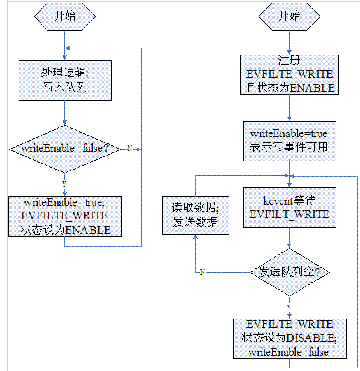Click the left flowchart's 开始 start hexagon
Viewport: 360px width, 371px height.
click(x=64, y=17)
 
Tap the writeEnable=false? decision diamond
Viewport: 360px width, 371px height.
click(x=64, y=149)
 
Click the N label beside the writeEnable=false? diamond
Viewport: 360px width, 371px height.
click(x=129, y=149)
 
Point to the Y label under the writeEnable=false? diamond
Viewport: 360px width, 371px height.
click(x=64, y=184)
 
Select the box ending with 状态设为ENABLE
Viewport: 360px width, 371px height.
click(x=64, y=216)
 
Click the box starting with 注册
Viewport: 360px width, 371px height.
click(x=290, y=75)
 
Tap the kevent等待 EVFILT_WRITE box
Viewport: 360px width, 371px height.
click(x=290, y=207)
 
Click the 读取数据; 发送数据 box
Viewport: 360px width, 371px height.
click(x=194, y=215)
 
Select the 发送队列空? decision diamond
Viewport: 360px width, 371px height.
click(x=290, y=272)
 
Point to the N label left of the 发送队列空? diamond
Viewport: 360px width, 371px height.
click(x=202, y=272)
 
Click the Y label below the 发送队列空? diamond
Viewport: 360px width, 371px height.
click(x=289, y=307)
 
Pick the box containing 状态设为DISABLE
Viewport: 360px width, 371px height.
click(x=290, y=338)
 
